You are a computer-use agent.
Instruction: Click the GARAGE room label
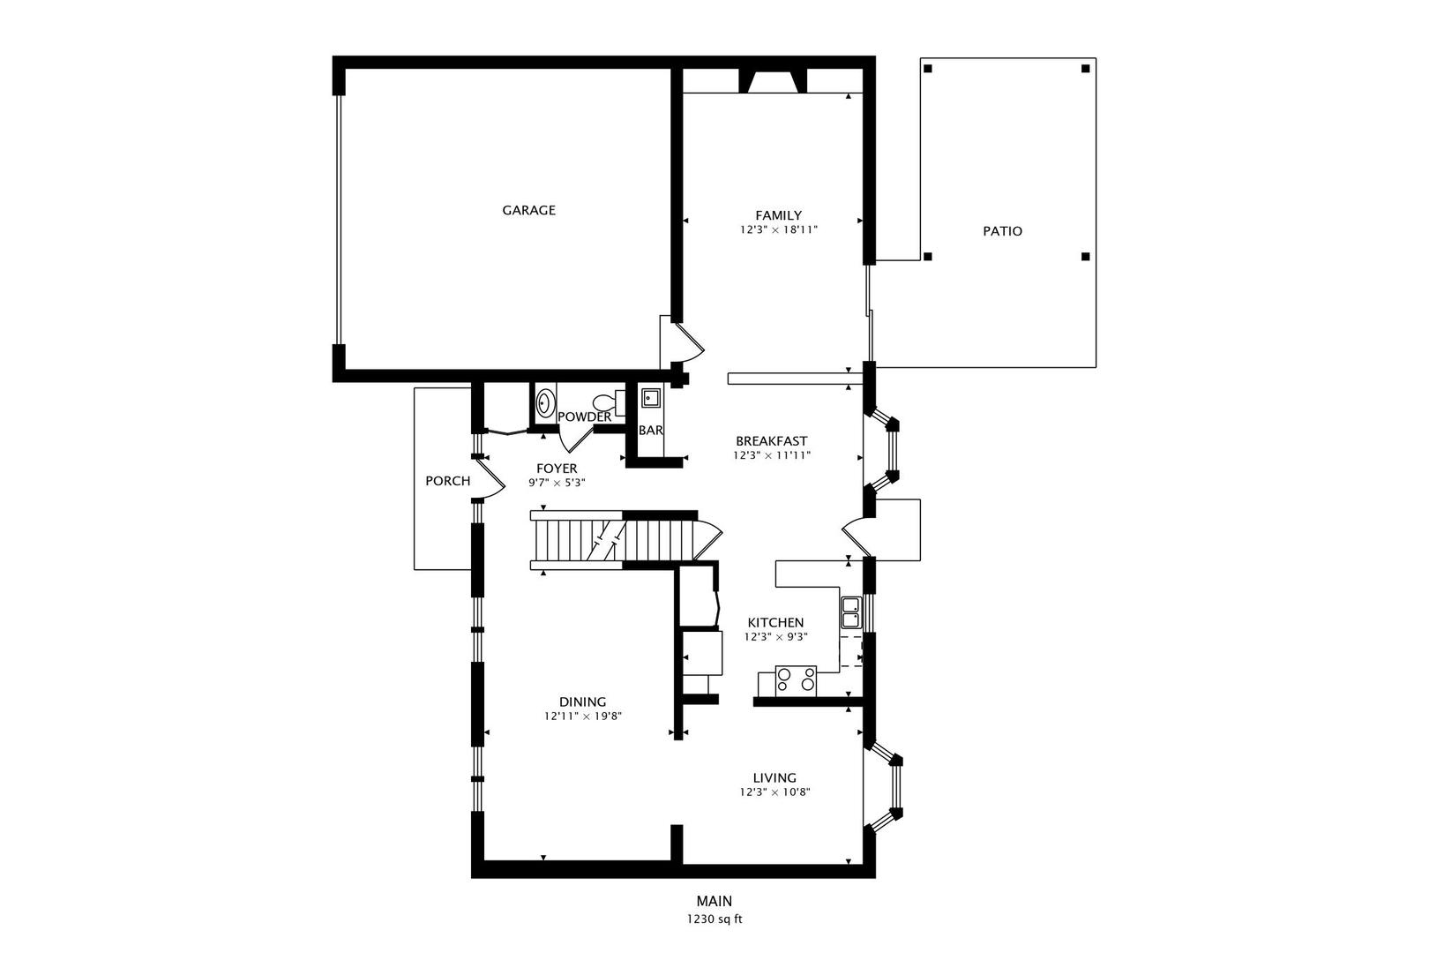[x=528, y=210]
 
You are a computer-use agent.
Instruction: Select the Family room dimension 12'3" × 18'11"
[x=779, y=229]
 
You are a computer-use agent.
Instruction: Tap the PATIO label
[x=1002, y=231]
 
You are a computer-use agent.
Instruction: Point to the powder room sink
[x=545, y=403]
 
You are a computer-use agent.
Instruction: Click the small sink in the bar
[x=651, y=398]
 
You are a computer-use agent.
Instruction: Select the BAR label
[x=651, y=431]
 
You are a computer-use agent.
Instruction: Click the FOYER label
[x=557, y=469]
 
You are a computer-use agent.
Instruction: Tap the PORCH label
[x=447, y=481]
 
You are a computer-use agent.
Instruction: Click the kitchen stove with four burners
[x=796, y=679]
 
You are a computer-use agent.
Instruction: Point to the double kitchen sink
[x=851, y=612]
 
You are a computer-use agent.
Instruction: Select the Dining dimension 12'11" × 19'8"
[x=583, y=717]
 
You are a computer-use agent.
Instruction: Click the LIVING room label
[x=774, y=777]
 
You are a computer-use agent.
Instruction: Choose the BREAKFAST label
[x=771, y=441]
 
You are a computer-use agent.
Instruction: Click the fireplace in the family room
[x=773, y=81]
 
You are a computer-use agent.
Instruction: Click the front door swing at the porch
[x=490, y=482]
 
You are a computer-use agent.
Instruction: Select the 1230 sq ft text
[x=714, y=919]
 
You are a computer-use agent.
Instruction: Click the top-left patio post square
[x=927, y=68]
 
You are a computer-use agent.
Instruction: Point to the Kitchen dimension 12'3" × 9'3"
[x=775, y=636]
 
